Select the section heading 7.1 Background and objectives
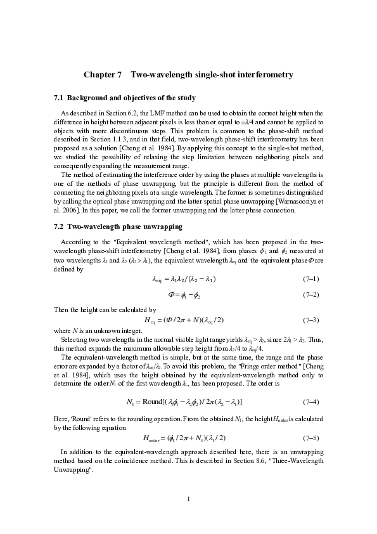(125, 98)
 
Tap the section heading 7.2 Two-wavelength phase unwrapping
(118, 226)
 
